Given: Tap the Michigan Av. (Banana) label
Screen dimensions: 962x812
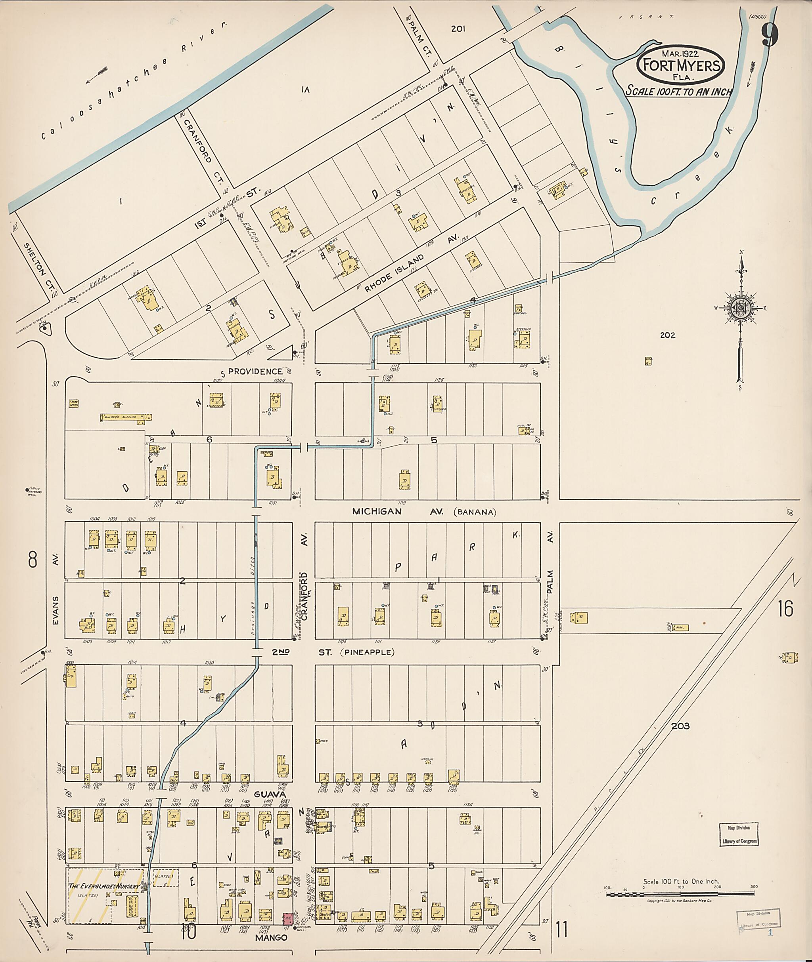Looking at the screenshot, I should tap(423, 511).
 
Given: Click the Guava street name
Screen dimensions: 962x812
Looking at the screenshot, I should tap(270, 794).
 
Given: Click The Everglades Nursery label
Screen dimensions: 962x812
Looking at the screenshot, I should tap(104, 886).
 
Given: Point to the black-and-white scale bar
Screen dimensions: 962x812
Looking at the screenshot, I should tap(680, 894).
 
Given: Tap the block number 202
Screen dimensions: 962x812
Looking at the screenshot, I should tap(667, 335).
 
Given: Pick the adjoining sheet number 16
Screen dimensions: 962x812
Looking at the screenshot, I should tap(785, 608).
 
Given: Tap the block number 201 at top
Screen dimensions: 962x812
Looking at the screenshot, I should tap(458, 29).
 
